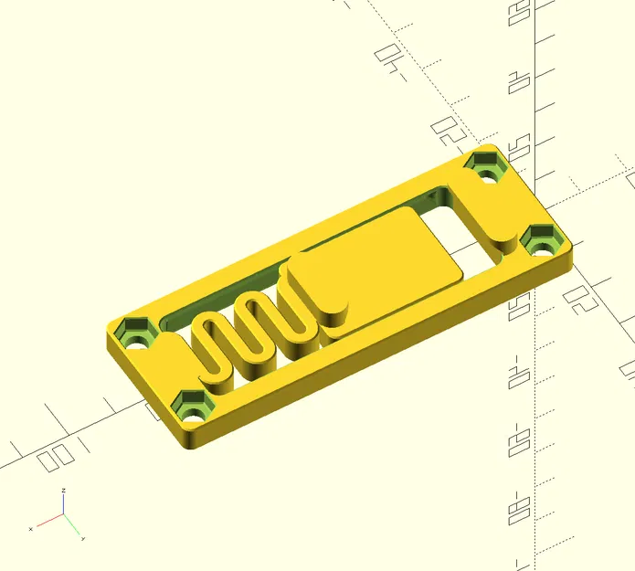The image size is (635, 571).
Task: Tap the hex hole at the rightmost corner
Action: [544, 242]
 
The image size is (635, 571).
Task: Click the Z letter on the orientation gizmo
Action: [63, 492]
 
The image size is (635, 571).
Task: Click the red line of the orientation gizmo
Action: [48, 522]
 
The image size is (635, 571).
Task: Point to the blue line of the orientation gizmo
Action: [62, 505]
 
